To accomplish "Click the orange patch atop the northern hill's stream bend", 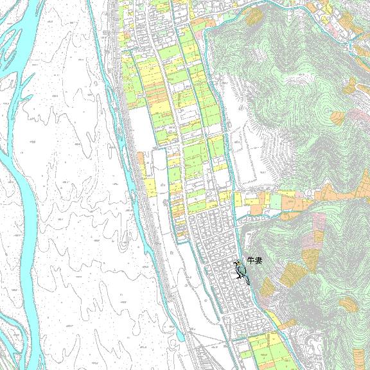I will tap(255, 15).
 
